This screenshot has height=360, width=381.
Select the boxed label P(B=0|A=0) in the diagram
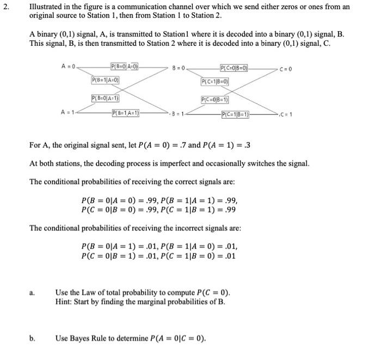[x=124, y=67]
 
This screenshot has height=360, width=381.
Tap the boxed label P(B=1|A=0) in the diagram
[x=106, y=81]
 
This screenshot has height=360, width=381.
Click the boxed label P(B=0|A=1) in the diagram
[x=106, y=99]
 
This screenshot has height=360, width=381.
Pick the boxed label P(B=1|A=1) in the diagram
[x=125, y=113]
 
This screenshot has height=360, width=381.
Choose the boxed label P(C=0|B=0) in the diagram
[x=234, y=68]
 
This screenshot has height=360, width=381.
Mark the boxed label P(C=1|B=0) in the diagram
[x=215, y=82]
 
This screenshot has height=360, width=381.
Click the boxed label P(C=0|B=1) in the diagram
[x=215, y=100]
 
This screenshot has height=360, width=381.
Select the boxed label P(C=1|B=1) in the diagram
[x=235, y=114]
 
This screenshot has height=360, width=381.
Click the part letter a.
[x=32, y=293]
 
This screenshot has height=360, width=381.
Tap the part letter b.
[x=32, y=338]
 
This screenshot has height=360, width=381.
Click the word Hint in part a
[x=63, y=301]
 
